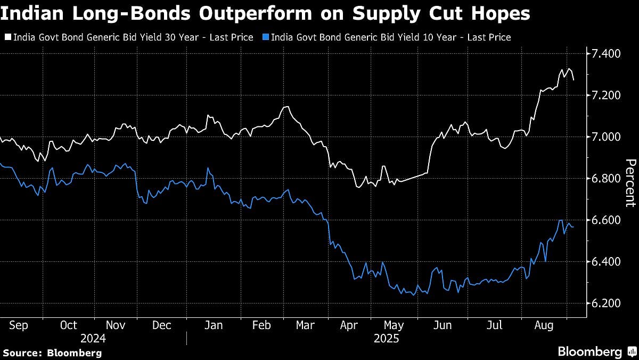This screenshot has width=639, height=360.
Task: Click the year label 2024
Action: click(93, 338)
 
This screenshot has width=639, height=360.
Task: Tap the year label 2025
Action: click(386, 338)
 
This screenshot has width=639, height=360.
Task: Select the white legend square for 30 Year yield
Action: click(7, 38)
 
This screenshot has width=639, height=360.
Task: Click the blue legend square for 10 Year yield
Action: click(266, 38)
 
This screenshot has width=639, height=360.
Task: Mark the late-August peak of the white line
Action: click(569, 68)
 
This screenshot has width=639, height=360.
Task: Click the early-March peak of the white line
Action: click(288, 107)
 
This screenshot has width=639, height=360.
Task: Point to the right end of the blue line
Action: click(573, 227)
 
